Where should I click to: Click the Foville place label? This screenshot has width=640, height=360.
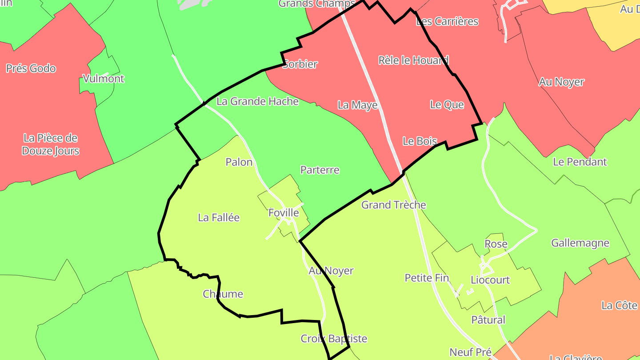(x=284, y=213)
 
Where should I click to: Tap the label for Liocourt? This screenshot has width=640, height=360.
(x=490, y=280)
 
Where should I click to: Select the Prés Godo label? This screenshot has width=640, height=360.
(x=31, y=68)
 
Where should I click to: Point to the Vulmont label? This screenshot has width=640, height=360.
(x=104, y=79)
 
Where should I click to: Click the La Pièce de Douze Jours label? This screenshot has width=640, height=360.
(x=51, y=144)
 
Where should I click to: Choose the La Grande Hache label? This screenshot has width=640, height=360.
(x=257, y=101)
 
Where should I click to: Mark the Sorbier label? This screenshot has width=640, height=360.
(x=300, y=64)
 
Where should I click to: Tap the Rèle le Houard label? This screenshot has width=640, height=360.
(x=413, y=60)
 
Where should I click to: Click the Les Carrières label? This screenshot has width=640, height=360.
(x=447, y=21)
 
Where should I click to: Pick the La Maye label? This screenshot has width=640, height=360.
(x=357, y=105)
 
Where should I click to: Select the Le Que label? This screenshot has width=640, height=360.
(x=447, y=105)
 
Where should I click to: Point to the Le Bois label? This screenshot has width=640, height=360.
(x=420, y=141)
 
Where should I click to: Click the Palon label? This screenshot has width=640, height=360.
(x=239, y=162)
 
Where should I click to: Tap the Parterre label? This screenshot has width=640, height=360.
(x=320, y=170)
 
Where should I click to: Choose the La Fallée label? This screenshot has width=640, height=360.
(x=219, y=217)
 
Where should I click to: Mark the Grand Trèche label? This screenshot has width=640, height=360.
(x=393, y=205)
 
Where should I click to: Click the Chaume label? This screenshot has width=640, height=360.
(x=223, y=294)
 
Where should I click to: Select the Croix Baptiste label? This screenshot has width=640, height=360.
(x=334, y=339)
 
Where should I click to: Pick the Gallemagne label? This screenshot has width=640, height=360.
(x=580, y=243)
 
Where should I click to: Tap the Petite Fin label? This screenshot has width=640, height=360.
(x=427, y=278)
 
